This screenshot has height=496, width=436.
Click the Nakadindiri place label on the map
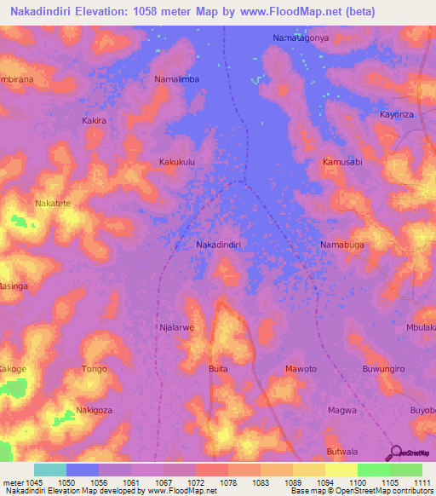(219, 245)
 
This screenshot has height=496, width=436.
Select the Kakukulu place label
(178, 161)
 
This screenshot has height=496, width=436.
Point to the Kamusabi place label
(342, 161)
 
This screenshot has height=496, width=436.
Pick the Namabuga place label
(341, 245)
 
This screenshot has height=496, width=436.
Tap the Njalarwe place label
(177, 326)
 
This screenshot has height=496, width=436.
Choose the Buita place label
(218, 369)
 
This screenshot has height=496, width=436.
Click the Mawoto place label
(300, 369)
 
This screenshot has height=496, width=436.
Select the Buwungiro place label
(382, 369)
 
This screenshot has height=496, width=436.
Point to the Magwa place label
(341, 410)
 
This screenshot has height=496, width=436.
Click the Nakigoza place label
(95, 410)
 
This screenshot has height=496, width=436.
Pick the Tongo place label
(94, 369)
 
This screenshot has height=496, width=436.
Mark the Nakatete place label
(54, 204)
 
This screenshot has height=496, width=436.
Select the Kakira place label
(94, 121)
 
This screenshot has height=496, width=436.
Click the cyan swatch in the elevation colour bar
(49, 470)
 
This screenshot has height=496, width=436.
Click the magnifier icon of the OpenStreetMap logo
(394, 453)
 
